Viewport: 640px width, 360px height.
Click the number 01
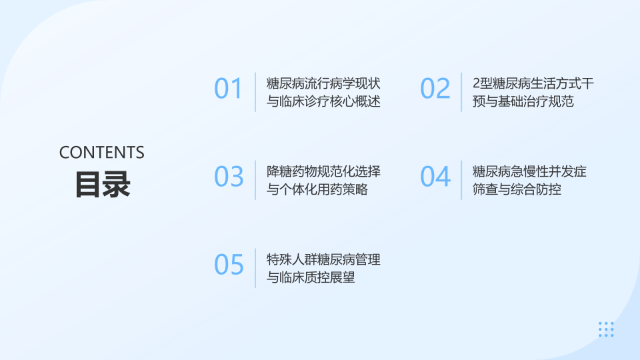[229, 89]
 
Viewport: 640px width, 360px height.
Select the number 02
[435, 89]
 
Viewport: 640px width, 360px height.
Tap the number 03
[229, 177]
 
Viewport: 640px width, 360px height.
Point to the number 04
[435, 177]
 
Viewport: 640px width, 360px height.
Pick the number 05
[229, 265]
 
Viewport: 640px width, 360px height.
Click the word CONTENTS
[101, 153]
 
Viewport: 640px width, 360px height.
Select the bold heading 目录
[103, 185]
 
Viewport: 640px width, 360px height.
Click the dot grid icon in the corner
[606, 329]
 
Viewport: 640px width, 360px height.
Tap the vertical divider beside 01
[255, 92]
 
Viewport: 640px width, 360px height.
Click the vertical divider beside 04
[461, 180]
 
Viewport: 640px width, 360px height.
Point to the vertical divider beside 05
[255, 268]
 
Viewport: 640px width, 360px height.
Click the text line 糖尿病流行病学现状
[323, 83]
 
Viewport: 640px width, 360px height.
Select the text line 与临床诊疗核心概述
[323, 101]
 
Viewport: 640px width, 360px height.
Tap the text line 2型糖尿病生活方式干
[533, 83]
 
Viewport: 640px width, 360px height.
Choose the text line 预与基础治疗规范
[523, 101]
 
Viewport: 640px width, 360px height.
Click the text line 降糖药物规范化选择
[323, 171]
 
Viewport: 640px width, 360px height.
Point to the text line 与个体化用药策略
[317, 189]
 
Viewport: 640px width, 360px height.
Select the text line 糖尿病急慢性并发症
[529, 171]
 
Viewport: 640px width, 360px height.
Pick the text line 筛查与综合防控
[517, 189]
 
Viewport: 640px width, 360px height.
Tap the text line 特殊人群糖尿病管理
[323, 259]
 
